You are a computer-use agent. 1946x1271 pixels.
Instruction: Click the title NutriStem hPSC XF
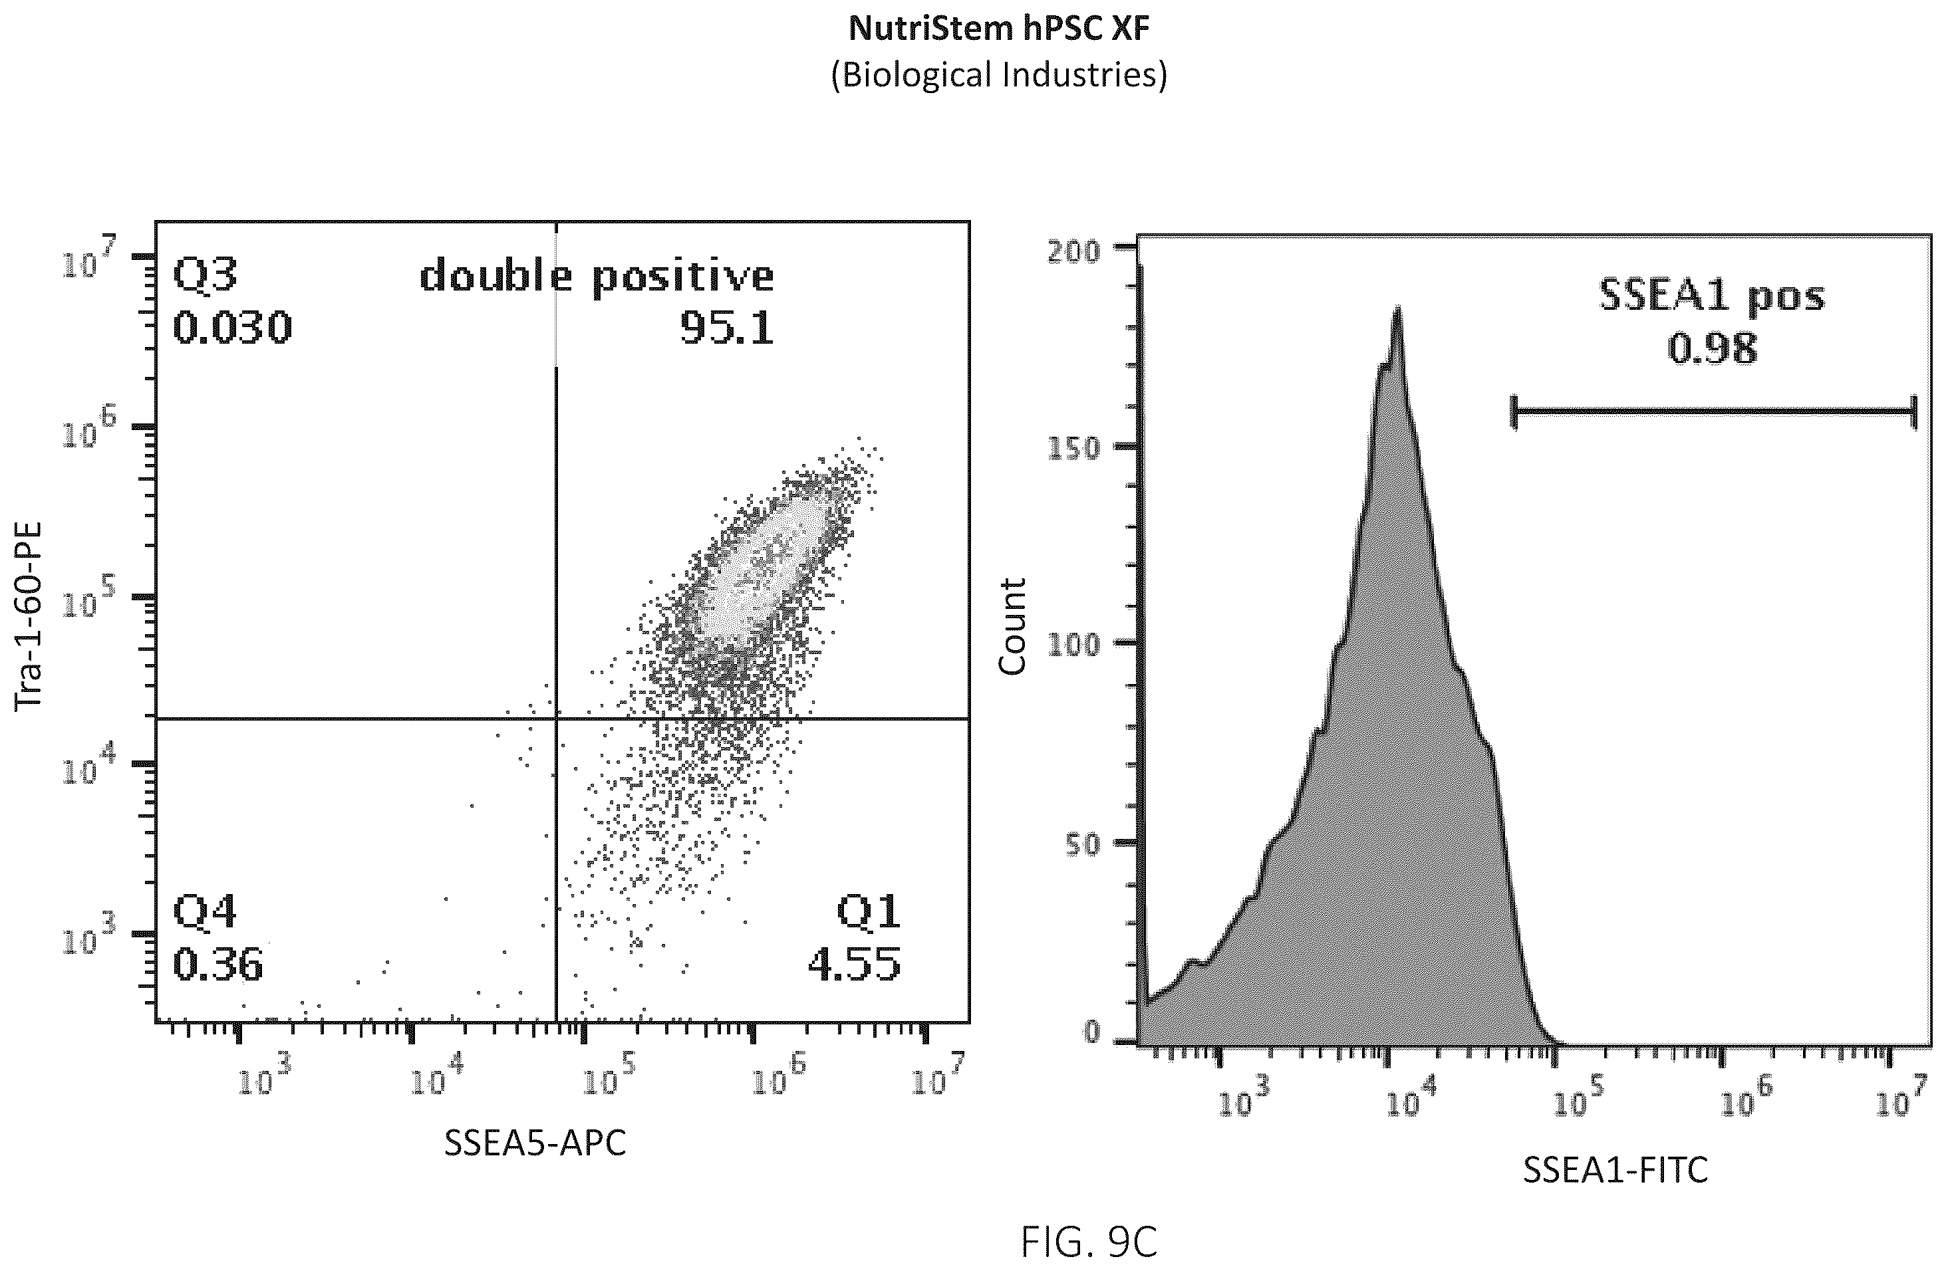[998, 29]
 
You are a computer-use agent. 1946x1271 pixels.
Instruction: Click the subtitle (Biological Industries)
[998, 75]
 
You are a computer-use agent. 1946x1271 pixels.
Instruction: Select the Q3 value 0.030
[232, 328]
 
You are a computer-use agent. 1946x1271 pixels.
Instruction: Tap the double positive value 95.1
[727, 328]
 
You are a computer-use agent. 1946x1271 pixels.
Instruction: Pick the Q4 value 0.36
[217, 965]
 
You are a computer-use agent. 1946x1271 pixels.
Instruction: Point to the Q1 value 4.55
[855, 965]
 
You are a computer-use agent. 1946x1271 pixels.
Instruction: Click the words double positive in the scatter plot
[597, 275]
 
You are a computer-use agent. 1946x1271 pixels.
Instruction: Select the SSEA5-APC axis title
[535, 1143]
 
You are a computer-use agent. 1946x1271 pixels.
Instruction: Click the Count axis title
[1012, 627]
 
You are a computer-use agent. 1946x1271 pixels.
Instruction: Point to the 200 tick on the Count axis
[1074, 251]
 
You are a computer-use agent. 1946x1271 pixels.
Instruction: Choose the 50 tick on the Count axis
[1083, 845]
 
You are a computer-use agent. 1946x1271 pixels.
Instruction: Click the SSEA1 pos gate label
[1711, 296]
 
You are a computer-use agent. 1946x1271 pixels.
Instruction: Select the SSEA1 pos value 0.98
[1711, 349]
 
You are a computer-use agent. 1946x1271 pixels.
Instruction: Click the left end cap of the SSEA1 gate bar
[1514, 413]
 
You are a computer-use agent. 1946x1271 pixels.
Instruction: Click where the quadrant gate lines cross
[556, 719]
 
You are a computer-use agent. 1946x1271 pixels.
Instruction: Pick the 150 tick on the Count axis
[1074, 449]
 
